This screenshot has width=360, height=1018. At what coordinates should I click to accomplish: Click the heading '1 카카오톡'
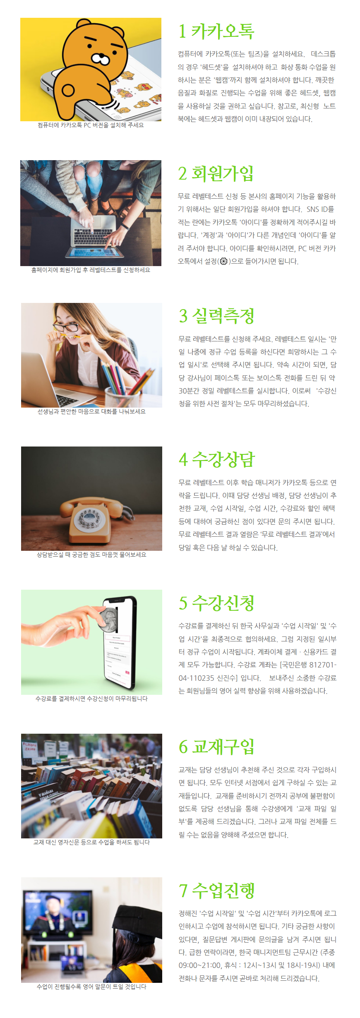[216, 31]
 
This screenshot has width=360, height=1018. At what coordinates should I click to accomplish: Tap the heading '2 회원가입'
[216, 174]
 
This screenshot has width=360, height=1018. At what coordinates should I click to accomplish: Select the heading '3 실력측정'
[216, 316]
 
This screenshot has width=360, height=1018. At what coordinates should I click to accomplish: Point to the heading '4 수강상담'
[217, 460]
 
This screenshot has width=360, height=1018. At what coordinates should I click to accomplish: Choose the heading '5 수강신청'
[216, 603]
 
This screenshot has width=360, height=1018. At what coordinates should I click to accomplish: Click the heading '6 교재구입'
[216, 747]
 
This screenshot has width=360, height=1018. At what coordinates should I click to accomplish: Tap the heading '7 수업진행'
[216, 891]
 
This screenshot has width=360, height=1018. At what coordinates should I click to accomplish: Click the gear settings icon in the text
[224, 261]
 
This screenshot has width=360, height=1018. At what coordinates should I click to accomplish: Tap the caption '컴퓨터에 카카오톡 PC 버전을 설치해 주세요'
[91, 125]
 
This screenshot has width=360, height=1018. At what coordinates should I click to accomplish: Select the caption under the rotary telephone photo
[91, 555]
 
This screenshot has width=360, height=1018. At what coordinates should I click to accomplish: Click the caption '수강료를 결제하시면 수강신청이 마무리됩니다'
[91, 699]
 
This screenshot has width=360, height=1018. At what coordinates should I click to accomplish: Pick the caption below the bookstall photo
[91, 842]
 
